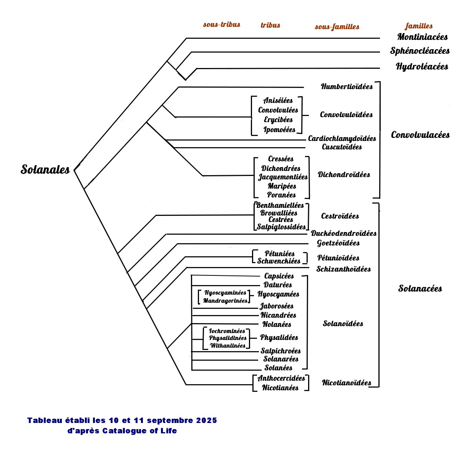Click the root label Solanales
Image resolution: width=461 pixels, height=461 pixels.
coord(45,169)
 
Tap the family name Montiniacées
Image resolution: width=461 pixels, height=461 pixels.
coord(422,37)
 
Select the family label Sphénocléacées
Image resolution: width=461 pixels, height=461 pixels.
coord(420,51)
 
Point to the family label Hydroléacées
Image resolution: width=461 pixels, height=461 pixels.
coord(422,66)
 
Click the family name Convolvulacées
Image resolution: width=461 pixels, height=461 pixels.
coord(420,135)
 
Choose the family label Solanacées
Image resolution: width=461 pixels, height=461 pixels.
coord(420,289)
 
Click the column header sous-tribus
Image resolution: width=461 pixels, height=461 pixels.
coord(222,25)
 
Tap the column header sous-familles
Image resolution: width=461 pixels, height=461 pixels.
coord(337,27)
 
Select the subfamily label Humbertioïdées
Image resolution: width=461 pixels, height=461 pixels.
coord(347,86)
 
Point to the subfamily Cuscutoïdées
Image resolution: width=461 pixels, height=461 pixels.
coord(342,147)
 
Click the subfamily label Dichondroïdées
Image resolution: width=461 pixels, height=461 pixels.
coord(343,174)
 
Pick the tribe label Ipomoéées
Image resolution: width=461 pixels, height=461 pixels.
coord(279,130)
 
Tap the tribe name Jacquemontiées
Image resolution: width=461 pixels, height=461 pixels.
coord(283,177)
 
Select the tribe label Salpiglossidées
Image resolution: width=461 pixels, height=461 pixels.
coord(281,227)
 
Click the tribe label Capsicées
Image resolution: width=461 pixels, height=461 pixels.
coord(279,276)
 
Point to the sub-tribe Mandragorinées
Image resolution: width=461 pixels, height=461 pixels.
coord(225,301)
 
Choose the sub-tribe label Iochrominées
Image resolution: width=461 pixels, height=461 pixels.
coord(227,331)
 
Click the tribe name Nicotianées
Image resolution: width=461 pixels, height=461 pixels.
coord(280,388)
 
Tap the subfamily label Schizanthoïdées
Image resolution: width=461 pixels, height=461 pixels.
coord(343,269)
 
